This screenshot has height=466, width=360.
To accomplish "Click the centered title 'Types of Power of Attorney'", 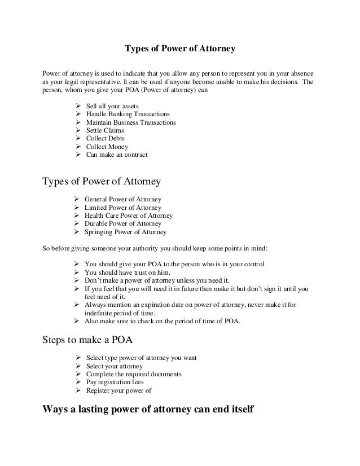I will point(179,49).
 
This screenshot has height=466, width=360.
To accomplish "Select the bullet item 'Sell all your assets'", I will point(112,107).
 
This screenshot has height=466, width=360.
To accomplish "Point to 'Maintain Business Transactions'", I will point(130,122).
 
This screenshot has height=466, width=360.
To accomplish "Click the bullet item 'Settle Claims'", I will point(105,130).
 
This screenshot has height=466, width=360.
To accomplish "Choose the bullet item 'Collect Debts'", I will point(105,138).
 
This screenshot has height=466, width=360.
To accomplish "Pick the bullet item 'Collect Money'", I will point(106,146).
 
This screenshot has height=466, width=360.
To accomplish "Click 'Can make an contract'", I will point(116,154).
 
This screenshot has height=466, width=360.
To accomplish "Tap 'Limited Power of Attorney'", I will point(122,208).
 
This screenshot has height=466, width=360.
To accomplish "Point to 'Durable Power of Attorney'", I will point(122,223).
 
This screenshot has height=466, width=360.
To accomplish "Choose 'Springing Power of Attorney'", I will point(125,231).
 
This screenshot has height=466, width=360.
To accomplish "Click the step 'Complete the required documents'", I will point(133,374).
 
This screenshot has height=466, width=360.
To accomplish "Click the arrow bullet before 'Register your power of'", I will point(77,390).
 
